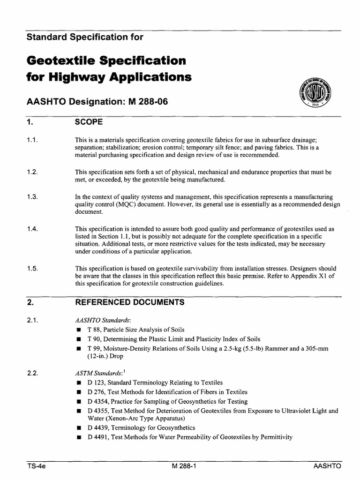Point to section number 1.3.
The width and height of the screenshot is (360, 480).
coord(32,197)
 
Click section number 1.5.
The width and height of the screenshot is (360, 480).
coord(32,269)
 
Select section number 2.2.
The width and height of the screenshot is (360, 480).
coord(32,374)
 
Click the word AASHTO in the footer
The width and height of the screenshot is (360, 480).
coord(328,467)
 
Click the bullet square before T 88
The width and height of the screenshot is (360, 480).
coord(78,330)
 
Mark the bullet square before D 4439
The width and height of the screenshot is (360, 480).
coord(78,428)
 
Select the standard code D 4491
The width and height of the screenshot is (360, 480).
coord(97,437)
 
